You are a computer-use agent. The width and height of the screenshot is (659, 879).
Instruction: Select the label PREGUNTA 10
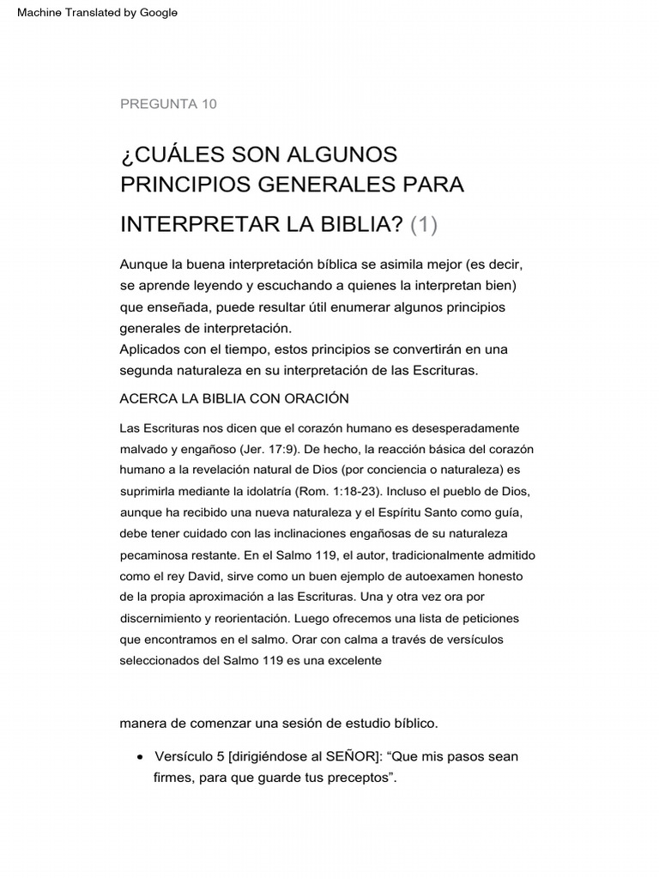168,104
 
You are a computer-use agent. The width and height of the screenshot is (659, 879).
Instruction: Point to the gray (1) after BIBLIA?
424,225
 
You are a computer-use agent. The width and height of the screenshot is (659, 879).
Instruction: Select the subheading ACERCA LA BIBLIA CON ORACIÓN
234,397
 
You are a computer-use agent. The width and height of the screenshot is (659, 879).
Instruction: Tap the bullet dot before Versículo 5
140,757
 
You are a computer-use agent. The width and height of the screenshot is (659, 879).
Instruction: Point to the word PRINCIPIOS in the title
178,185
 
